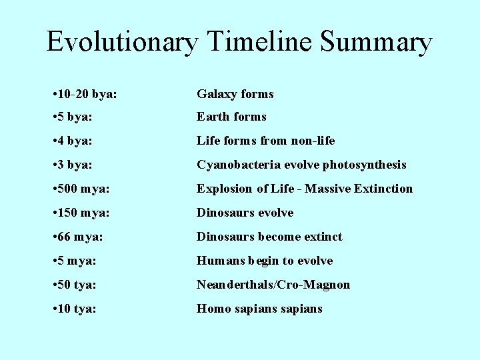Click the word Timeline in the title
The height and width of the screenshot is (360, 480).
pos(261,42)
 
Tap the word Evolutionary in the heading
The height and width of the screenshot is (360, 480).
pos(122,42)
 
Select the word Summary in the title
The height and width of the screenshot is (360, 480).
pos(377,42)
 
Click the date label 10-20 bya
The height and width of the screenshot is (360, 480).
pos(88,95)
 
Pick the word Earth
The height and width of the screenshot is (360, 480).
pos(212,117)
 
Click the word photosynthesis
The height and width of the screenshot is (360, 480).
pos(366,165)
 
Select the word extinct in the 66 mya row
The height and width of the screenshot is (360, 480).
pos(323,237)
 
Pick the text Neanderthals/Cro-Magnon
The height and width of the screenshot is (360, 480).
pos(273,285)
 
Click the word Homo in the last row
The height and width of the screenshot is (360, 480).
pos(211,309)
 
